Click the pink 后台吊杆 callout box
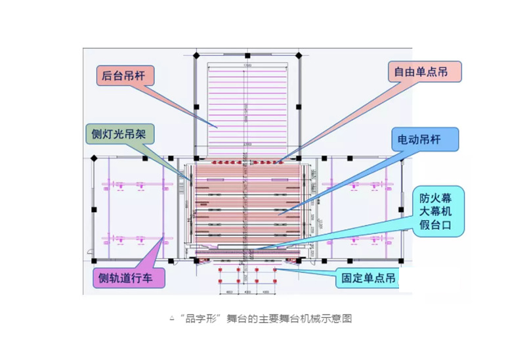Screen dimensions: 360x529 [125, 76]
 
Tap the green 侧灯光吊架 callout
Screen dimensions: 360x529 [119, 135]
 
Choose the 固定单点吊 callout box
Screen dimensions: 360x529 [367, 279]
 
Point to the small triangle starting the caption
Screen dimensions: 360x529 [172, 319]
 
